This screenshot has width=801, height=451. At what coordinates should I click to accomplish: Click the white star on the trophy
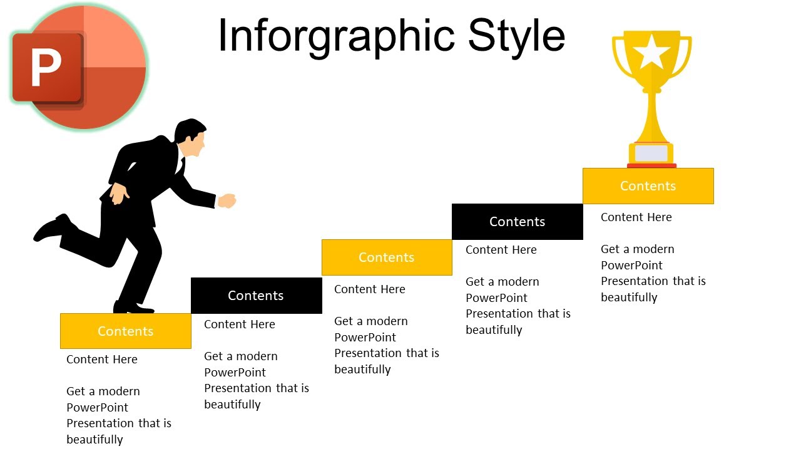point(651,52)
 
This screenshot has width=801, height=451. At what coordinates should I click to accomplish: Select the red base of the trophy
point(651,165)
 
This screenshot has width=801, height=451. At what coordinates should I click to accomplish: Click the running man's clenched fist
point(227,200)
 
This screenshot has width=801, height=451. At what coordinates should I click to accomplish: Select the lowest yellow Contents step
point(125,331)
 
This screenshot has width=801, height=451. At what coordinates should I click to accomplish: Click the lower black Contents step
point(256,295)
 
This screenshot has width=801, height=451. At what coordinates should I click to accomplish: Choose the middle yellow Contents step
point(386,257)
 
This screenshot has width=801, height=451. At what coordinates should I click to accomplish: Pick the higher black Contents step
point(517,221)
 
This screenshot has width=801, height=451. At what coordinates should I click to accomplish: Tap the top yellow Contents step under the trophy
point(648,185)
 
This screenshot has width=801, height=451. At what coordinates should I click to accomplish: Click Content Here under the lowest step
point(101,359)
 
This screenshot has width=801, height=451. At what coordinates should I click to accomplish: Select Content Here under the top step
point(636,217)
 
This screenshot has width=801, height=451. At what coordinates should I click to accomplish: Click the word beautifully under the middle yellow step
point(362,369)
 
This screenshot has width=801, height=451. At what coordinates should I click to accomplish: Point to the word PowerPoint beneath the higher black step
point(496,298)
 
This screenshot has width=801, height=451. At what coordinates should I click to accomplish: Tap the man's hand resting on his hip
point(118,194)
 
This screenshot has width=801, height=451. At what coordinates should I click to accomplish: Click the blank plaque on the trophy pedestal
point(651,153)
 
